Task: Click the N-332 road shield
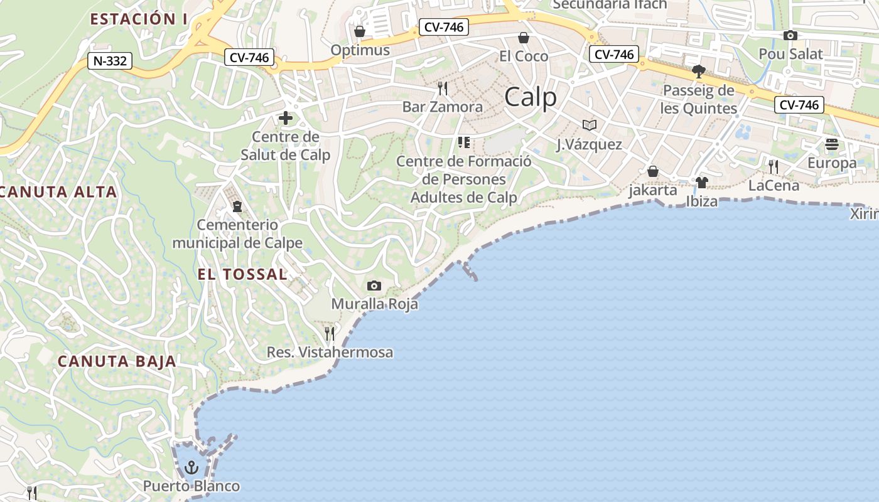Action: pos(110,61)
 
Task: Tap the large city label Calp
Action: pos(531,97)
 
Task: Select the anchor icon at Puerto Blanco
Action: pos(191,467)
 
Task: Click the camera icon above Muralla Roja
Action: pos(374,286)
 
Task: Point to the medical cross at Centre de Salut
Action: pos(286,118)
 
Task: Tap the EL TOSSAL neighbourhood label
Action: pos(242,274)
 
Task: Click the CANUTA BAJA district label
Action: pos(117,361)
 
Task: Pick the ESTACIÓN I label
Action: pos(139,19)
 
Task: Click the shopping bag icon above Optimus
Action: pos(360,31)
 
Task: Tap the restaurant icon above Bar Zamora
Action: pos(443,88)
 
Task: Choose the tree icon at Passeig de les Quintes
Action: pos(698,72)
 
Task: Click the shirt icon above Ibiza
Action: pos(701,183)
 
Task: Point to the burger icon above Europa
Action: pos(832,144)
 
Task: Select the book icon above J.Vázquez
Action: pos(589,125)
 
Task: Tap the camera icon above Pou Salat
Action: pos(790,35)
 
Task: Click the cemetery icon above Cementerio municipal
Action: pos(237,206)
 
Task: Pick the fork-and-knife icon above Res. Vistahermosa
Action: pos(330,333)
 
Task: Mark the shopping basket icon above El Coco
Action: pos(523,38)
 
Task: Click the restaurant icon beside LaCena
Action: pos(774,166)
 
